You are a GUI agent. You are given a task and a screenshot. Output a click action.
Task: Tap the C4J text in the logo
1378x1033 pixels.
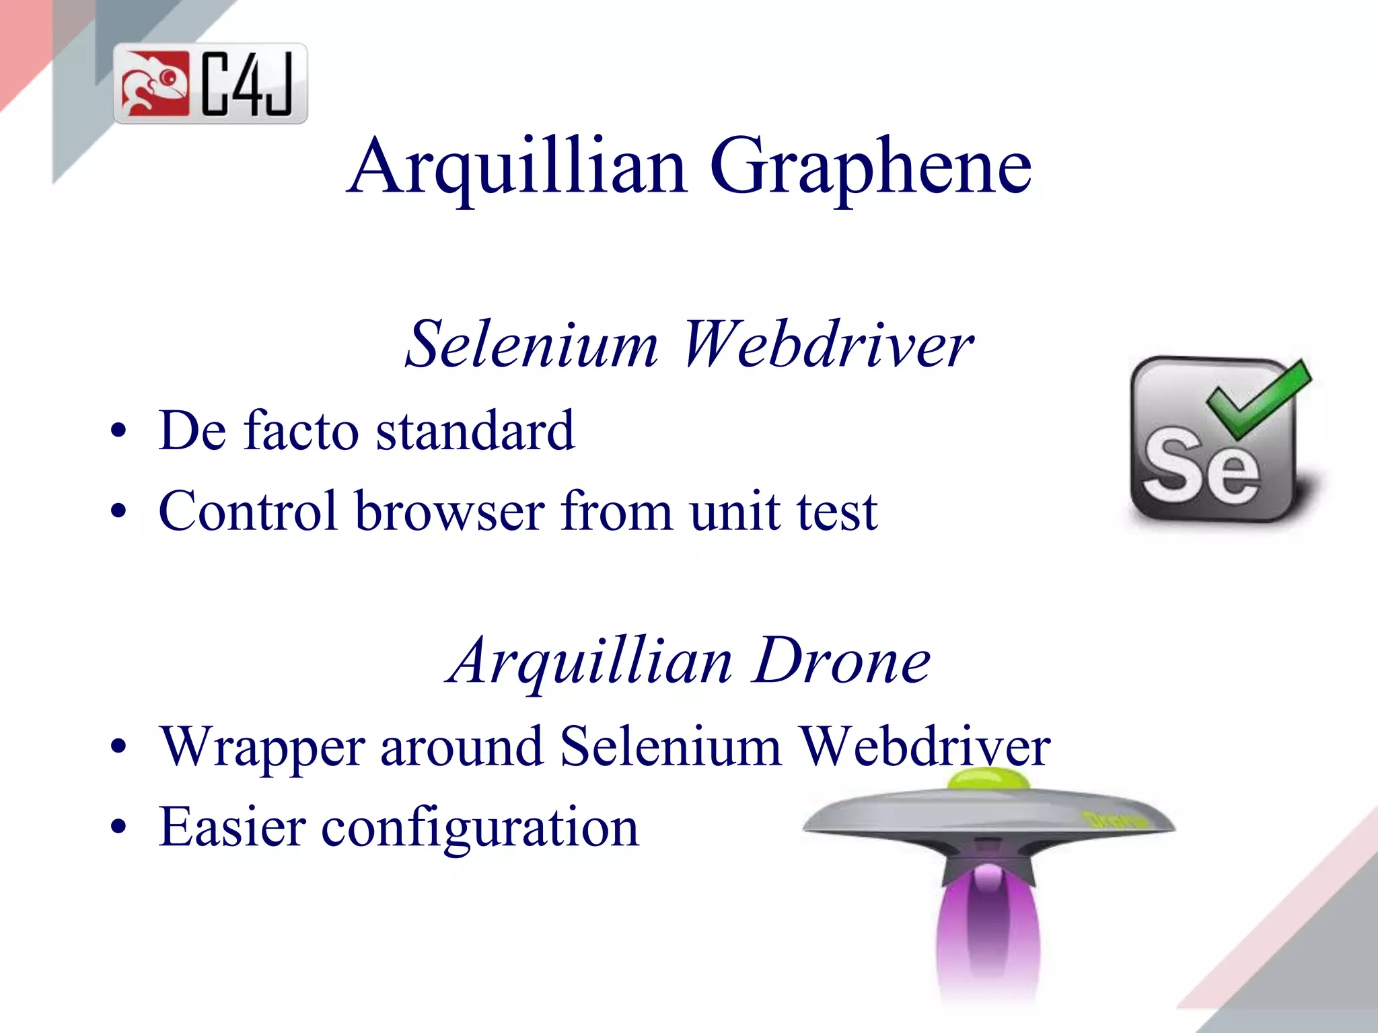pyautogui.click(x=248, y=84)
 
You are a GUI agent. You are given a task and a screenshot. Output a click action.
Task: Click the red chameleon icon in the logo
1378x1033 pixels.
pyautogui.click(x=154, y=84)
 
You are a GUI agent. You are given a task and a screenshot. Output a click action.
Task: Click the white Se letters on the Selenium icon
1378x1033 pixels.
pyautogui.click(x=1201, y=468)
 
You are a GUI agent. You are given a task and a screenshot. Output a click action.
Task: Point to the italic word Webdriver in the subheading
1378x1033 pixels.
pyautogui.click(x=828, y=344)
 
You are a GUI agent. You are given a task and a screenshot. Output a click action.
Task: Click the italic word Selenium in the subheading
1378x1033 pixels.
pyautogui.click(x=532, y=344)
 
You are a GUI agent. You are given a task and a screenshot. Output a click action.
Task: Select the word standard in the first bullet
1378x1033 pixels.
pyautogui.click(x=475, y=430)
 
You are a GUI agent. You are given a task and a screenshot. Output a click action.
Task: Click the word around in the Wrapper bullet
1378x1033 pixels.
pyautogui.click(x=462, y=747)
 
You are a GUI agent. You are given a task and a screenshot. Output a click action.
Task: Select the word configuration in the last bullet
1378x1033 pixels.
pyautogui.click(x=480, y=827)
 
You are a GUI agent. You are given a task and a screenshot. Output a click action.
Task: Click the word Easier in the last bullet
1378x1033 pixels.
pyautogui.click(x=232, y=827)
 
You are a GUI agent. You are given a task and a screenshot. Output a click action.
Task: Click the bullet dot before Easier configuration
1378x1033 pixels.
pyautogui.click(x=118, y=828)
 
